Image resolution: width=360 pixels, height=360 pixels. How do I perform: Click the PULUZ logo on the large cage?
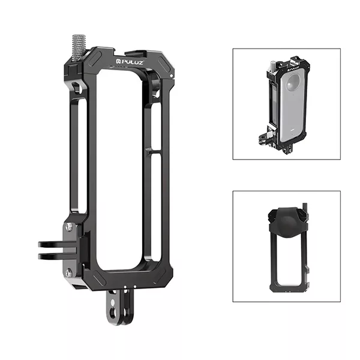[x=130, y=62]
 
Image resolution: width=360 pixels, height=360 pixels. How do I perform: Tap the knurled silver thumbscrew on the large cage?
[x=79, y=48]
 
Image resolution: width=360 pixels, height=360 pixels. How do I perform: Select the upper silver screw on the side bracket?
[x=69, y=227]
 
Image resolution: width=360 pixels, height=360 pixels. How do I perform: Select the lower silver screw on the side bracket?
[x=69, y=273]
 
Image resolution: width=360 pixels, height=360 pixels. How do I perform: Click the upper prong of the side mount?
[x=57, y=244]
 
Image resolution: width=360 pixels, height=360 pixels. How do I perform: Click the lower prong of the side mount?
[x=57, y=256]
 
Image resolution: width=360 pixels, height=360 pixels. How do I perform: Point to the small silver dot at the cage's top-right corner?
[x=171, y=76]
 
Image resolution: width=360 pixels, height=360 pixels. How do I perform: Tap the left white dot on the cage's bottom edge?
[x=125, y=287]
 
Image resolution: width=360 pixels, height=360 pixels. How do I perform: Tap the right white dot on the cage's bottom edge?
[x=135, y=287]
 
